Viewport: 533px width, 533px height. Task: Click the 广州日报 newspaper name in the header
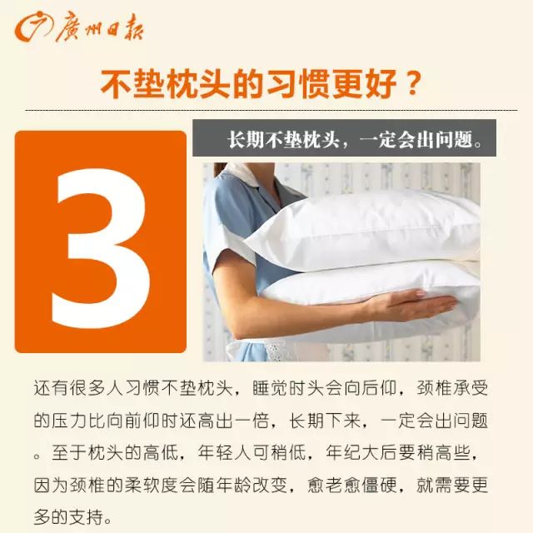pyautogui.click(x=99, y=27)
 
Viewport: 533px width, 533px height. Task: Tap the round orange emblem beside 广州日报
pyautogui.click(x=33, y=27)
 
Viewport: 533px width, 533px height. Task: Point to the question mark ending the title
pyautogui.click(x=413, y=83)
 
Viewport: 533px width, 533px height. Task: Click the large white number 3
pyautogui.click(x=102, y=249)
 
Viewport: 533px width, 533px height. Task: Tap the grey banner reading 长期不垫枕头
pyautogui.click(x=344, y=138)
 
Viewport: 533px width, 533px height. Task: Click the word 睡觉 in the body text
pyautogui.click(x=270, y=387)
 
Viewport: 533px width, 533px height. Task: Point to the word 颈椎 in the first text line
pyautogui.click(x=434, y=387)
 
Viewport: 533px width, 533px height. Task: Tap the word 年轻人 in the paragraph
pyautogui.click(x=225, y=452)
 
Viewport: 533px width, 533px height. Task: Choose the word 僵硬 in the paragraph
pyautogui.click(x=379, y=485)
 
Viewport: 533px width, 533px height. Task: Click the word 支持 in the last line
pyautogui.click(x=86, y=517)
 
